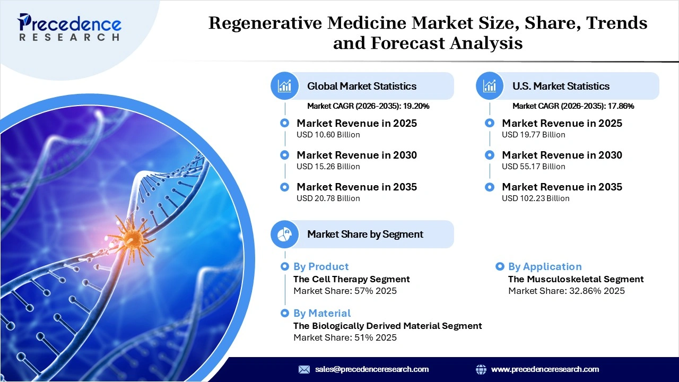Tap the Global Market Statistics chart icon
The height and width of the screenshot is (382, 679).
point(285,86)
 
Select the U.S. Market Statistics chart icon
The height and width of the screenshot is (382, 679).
point(490,86)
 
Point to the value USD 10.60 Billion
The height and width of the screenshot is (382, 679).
point(328,135)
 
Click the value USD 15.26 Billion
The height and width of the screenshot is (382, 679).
point(328,167)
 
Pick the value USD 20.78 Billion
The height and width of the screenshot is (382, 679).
point(328,198)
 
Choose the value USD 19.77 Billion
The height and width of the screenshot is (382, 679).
point(534,135)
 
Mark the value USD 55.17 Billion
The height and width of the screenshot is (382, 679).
point(534,167)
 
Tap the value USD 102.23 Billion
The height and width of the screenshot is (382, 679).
point(536,198)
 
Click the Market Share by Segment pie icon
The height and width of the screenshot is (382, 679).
point(285,234)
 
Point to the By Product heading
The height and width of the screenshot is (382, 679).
point(321,266)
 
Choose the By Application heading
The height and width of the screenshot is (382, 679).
point(545,266)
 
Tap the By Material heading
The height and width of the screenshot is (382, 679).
point(322,313)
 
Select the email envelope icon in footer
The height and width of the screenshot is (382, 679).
point(304,369)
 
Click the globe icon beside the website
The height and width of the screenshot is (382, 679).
point(481,369)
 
